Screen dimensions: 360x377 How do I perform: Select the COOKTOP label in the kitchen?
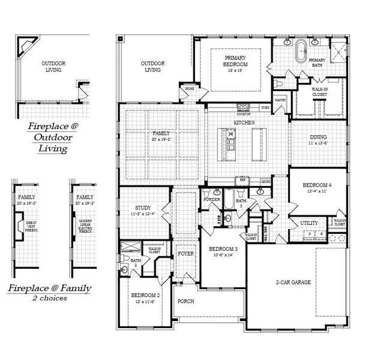tap(243, 113)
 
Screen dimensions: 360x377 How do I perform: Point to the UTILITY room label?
tap(309, 223)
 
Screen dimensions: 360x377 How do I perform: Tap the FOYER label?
tap(186, 254)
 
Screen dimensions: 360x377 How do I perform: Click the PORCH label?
tap(185, 301)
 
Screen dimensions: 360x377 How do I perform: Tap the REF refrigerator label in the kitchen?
tap(243, 179)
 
